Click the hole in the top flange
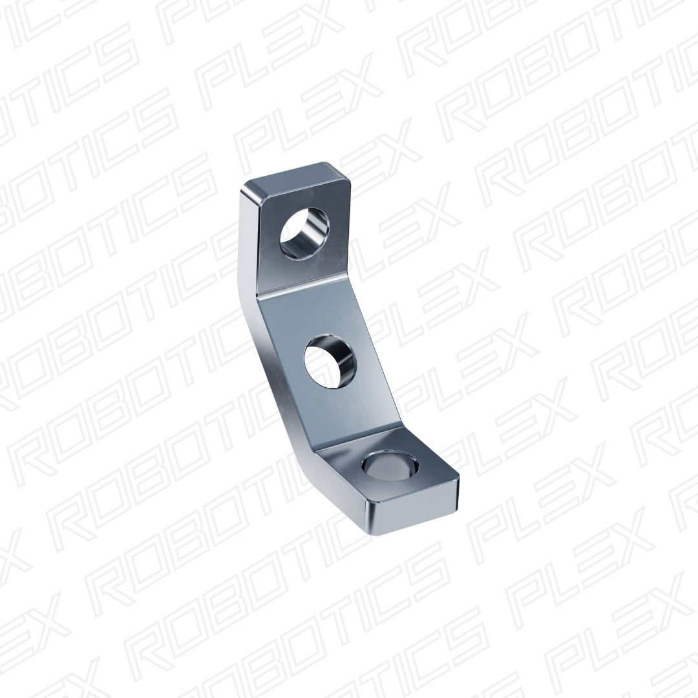click(304, 233)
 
